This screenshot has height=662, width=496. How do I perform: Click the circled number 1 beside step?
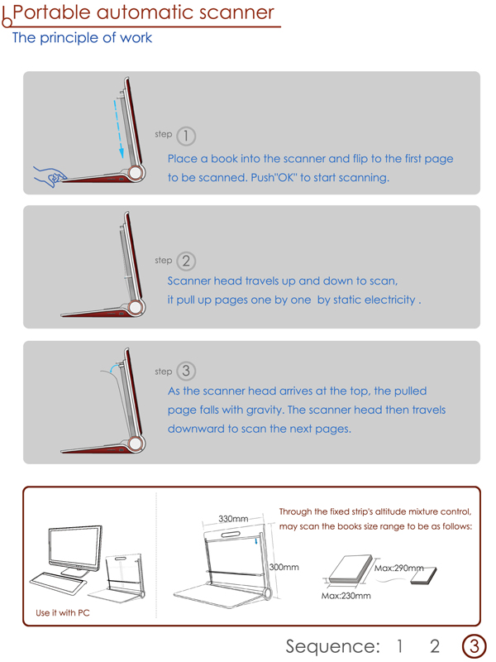(x=186, y=136)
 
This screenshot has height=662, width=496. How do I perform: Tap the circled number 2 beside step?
(x=186, y=261)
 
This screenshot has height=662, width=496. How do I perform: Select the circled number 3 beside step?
(x=186, y=371)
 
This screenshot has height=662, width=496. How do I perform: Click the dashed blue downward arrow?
(x=118, y=129)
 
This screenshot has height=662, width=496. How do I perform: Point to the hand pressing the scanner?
(x=50, y=176)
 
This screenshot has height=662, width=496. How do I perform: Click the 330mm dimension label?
(x=233, y=519)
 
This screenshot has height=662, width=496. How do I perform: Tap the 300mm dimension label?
(x=284, y=567)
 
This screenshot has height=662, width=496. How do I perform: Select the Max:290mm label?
(x=399, y=568)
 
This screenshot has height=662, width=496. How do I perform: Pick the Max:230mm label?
(x=346, y=596)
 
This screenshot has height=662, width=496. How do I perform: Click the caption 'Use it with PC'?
(x=63, y=612)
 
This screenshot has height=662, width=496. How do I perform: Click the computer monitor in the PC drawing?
(x=75, y=549)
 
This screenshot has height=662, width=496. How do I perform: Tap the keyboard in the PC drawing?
(x=58, y=583)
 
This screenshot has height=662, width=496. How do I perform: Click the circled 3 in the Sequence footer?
(x=474, y=646)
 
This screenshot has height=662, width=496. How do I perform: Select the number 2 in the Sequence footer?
(x=435, y=646)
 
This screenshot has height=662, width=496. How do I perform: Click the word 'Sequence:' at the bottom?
(x=333, y=647)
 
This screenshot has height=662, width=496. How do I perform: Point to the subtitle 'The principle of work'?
(x=82, y=37)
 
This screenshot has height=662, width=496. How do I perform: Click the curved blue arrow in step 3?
(x=113, y=367)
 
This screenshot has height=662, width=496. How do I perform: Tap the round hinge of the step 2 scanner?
(x=136, y=307)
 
